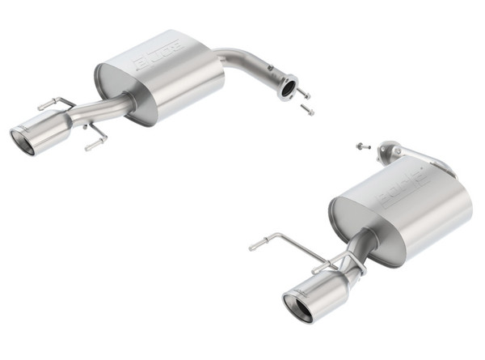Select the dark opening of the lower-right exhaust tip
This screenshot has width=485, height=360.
click(297, 309)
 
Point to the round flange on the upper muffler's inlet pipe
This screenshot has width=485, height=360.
click(286, 87)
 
